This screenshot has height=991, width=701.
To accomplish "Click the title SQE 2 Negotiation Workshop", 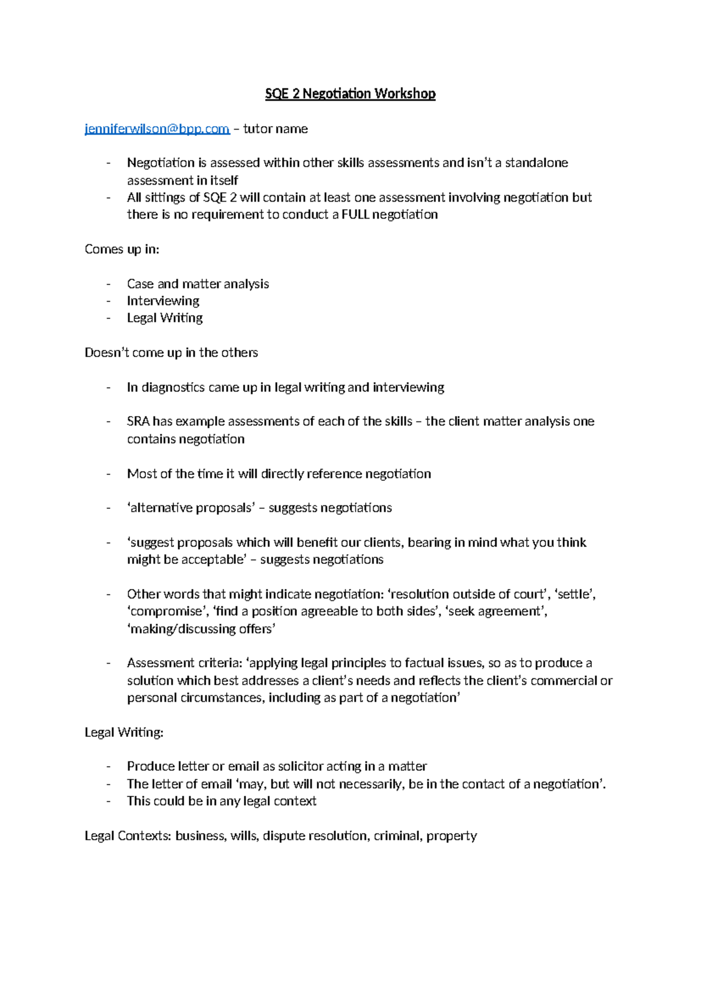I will [350, 93].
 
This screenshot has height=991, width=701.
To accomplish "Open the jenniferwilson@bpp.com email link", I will [157, 129].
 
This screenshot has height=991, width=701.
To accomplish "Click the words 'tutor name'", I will [275, 129].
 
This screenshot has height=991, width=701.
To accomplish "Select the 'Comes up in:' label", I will [122, 249].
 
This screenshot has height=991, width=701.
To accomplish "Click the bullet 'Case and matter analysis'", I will [197, 284].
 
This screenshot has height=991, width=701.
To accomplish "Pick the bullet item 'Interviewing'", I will [163, 301].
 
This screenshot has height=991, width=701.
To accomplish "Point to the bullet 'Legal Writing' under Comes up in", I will [165, 318].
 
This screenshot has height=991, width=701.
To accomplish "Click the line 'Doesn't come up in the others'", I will [171, 352].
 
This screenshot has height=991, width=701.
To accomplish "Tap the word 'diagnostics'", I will [170, 387].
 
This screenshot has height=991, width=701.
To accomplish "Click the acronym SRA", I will [138, 421].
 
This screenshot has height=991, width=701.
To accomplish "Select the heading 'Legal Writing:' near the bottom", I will [124, 732].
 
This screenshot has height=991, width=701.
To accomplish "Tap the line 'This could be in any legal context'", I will [221, 801].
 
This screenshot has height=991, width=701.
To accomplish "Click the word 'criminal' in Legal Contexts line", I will [397, 836].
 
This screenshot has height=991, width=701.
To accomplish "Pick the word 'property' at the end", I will [452, 836].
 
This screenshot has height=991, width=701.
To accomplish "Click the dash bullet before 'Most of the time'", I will [109, 474].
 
